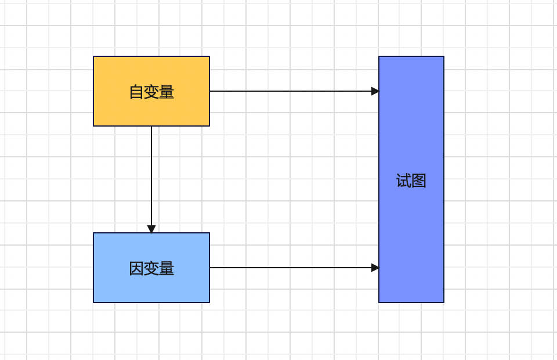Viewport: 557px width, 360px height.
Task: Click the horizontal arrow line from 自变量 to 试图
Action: [290, 91]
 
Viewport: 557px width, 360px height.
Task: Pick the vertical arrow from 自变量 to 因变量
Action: [151, 174]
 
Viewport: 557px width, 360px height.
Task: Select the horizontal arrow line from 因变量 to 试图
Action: [290, 268]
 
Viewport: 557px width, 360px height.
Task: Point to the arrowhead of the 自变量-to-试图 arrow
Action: [375, 91]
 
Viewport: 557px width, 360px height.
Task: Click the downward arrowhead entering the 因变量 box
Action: [151, 229]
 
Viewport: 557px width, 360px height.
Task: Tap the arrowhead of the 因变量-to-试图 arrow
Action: [375, 268]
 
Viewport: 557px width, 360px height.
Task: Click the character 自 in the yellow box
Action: [136, 92]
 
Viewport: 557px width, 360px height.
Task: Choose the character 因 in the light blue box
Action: [136, 268]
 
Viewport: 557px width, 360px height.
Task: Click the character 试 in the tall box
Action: [403, 181]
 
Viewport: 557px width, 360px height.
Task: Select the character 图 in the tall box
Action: [419, 181]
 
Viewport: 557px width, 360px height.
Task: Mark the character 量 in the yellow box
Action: [167, 92]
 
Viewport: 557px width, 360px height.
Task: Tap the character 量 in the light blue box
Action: [167, 268]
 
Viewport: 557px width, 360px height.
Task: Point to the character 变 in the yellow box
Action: [151, 92]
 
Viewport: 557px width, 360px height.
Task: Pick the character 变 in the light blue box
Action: [151, 268]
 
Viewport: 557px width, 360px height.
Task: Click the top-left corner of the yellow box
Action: [93, 56]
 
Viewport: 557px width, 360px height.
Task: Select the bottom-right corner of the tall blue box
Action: [444, 303]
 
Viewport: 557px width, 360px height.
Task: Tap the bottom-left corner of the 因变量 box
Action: [93, 303]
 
